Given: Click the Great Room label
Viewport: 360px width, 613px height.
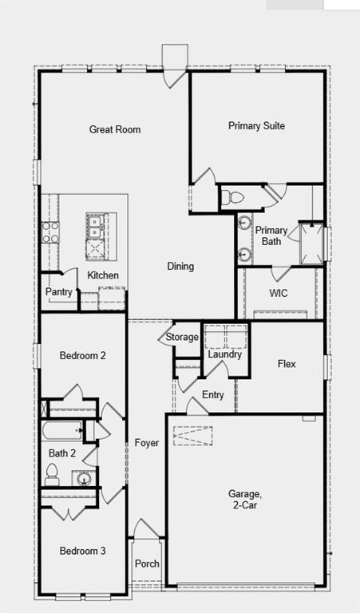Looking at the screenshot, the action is pyautogui.click(x=115, y=129).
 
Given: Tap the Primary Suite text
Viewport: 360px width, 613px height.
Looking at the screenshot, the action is pyautogui.click(x=256, y=126).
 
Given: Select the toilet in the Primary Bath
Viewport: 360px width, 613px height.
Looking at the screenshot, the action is pyautogui.click(x=232, y=197).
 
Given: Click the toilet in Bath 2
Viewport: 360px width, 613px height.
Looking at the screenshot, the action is pyautogui.click(x=52, y=474).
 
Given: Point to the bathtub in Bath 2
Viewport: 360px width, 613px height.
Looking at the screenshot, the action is pyautogui.click(x=62, y=430).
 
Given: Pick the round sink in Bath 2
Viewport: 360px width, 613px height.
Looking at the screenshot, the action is pyautogui.click(x=83, y=478).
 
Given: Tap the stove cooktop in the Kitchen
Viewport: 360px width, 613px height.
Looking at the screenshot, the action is pyautogui.click(x=50, y=232).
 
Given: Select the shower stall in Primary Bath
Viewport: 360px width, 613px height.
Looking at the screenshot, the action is pyautogui.click(x=311, y=243).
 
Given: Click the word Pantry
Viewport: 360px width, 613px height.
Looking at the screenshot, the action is pyautogui.click(x=58, y=292).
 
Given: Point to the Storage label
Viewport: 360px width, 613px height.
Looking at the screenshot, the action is pyautogui.click(x=182, y=337).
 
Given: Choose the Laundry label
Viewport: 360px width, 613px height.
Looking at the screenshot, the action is pyautogui.click(x=225, y=354).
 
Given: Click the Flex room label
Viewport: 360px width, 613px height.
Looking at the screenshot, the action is pyautogui.click(x=287, y=364).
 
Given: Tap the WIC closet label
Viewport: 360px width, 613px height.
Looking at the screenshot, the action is pyautogui.click(x=279, y=293).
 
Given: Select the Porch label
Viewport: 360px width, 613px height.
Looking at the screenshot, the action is pyautogui.click(x=147, y=564).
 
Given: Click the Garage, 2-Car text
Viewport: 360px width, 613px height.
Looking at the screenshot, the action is pyautogui.click(x=245, y=499).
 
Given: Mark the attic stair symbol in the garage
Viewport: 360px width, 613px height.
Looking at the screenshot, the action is pyautogui.click(x=192, y=436).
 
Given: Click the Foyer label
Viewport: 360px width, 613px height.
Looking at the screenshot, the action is pyautogui.click(x=147, y=443).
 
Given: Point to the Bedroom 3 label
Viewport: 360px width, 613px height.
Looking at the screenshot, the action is pyautogui.click(x=82, y=551).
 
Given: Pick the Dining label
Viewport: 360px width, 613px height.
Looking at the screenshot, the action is pyautogui.click(x=180, y=267).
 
